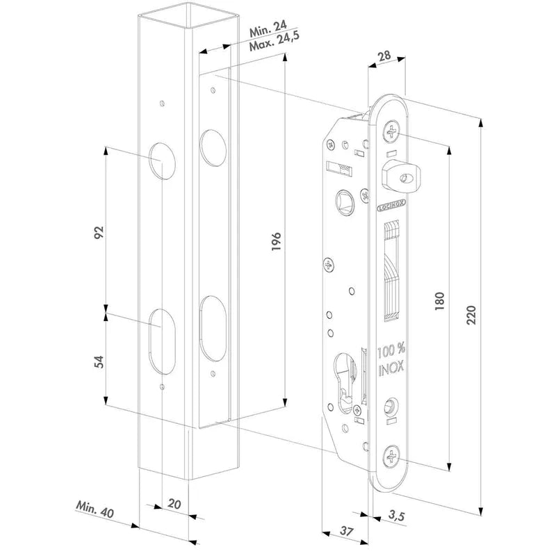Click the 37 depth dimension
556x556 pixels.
click(x=345, y=532)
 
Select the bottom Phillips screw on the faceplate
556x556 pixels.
click(x=392, y=456)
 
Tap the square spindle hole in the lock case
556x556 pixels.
click(x=343, y=198)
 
